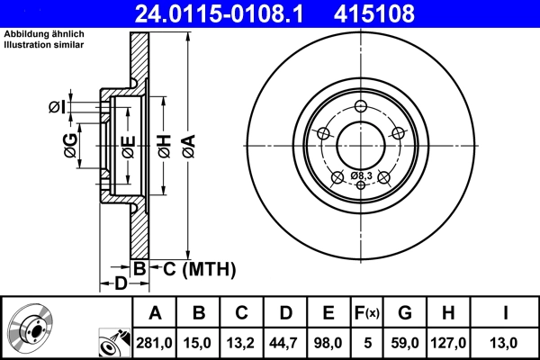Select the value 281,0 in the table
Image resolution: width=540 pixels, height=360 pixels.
coord(155,342)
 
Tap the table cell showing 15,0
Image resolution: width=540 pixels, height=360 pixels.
coord(199,342)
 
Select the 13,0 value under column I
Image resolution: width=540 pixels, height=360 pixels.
coord(506,342)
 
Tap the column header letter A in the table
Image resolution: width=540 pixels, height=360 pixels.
coord(155,314)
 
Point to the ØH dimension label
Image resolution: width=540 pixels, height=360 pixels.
coord(163,146)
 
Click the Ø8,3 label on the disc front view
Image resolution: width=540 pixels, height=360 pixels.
coord(361,174)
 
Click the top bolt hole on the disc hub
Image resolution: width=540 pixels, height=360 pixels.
coord(361,108)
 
